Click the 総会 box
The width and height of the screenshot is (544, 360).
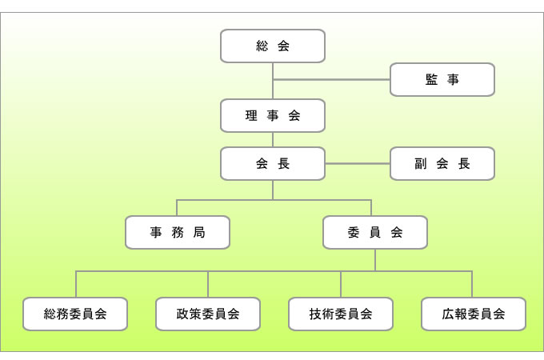[273, 46]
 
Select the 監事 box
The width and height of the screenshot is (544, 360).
[442, 79]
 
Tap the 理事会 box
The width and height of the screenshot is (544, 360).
[273, 115]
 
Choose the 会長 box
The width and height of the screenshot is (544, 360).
[273, 163]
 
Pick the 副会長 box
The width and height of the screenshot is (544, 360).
[442, 163]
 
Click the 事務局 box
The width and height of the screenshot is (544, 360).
[178, 232]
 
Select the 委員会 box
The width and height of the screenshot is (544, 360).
[375, 232]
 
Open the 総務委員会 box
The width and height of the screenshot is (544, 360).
[76, 314]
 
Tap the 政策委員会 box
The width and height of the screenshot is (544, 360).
[208, 314]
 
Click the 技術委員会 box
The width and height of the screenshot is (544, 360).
[341, 314]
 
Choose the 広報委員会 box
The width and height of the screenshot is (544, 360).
[474, 314]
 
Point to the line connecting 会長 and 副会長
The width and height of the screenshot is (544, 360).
[358, 163]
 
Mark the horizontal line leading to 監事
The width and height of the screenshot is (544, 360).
[332, 79]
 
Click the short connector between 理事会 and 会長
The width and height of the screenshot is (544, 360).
[273, 139]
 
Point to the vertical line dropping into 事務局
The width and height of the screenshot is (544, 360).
[178, 207]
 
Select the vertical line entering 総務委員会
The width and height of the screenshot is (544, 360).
[76, 285]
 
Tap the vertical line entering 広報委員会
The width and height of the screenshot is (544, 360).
[472, 285]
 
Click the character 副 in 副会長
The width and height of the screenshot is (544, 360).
[421, 163]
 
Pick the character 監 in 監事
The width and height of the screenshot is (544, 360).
[431, 79]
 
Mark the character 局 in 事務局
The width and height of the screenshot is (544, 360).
[199, 232]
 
